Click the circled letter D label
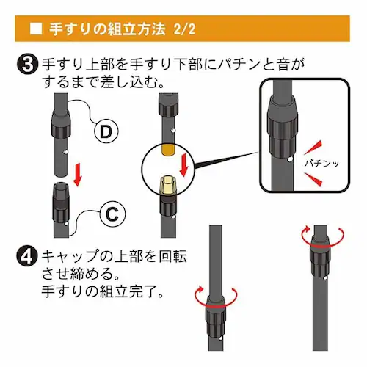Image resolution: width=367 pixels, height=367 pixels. coord(106,131)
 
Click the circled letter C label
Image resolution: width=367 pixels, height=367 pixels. coord(112,214)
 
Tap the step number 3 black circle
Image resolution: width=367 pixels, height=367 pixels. coord(27,65)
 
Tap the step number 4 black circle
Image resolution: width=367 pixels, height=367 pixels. coord(27,256)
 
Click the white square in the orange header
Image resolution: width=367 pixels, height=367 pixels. coord(36,29)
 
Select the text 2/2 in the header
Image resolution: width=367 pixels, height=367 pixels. coord(185,29)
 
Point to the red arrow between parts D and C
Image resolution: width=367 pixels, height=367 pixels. coord(78,175)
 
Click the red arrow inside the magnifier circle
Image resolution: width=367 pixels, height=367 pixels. coord(184,165)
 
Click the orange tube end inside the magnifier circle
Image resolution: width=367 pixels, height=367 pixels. coord(169,150)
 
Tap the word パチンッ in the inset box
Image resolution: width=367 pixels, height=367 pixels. coord(321,163)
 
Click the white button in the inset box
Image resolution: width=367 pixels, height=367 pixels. coord(290,159)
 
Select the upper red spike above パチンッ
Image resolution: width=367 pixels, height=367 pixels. coord(313,148)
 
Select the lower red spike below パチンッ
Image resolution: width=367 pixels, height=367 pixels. coord(313,179)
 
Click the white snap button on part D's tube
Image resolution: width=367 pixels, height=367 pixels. coord(65,153)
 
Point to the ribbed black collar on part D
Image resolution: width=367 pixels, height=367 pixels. coord(61,123)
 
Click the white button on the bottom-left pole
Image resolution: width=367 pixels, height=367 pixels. coord(221,338)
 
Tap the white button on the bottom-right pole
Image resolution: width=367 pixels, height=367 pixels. coord(325,278)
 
